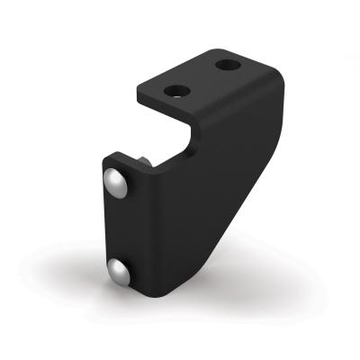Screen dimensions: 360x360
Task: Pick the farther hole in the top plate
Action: pos(229,66)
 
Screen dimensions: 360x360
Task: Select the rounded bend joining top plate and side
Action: pos(270,81)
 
